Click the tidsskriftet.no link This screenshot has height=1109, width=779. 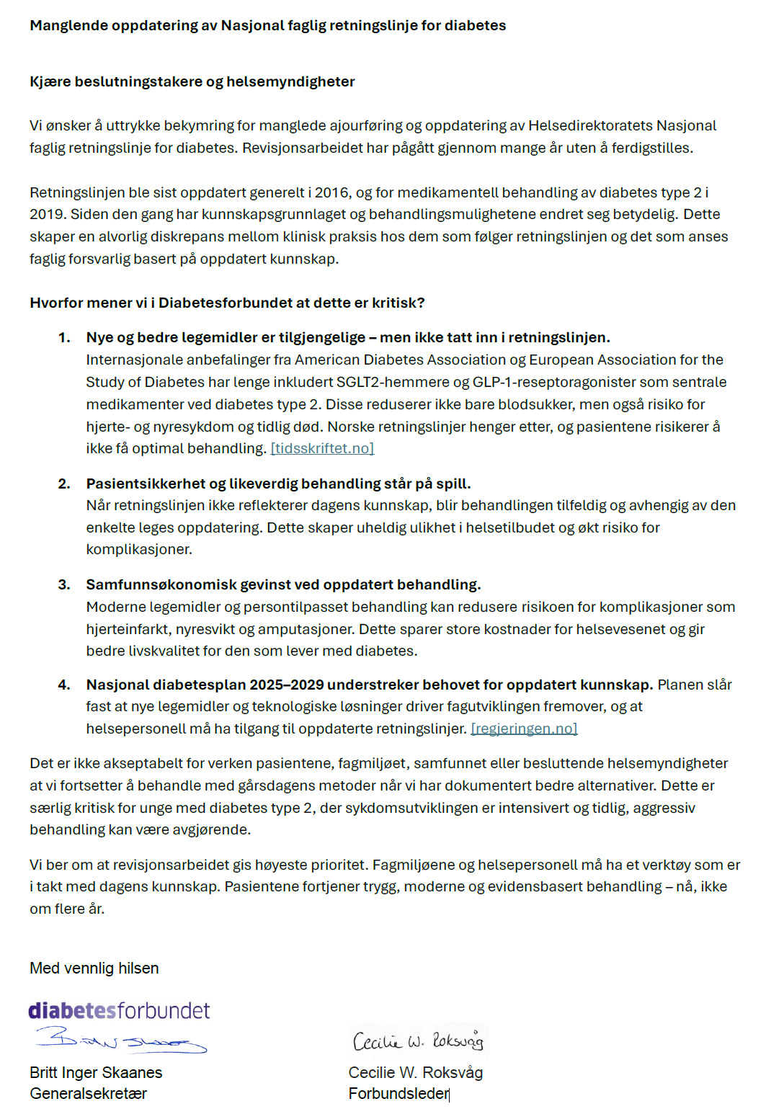point(322,449)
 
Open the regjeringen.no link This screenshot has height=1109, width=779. point(524,729)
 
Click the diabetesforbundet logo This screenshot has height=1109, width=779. point(119,1011)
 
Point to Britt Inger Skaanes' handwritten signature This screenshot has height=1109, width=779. point(121,1041)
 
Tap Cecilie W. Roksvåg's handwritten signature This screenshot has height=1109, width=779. point(418,1041)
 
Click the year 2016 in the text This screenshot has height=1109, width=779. point(331,193)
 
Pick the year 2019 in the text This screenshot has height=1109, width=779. point(46,215)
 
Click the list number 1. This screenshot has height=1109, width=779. point(64,338)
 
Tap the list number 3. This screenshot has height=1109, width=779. point(64,585)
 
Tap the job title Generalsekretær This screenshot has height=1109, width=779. point(88,1094)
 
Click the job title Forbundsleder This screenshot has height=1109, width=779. point(399,1094)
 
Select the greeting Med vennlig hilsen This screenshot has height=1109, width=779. point(94,968)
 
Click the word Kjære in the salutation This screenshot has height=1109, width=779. point(50,82)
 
